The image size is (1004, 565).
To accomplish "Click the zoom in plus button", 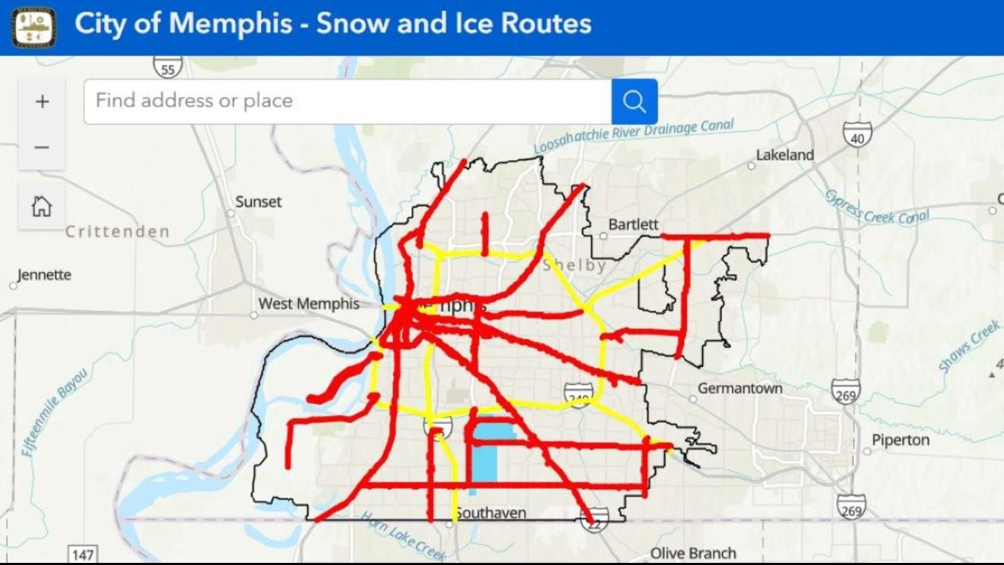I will (42, 101).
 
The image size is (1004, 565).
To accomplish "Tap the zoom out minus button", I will (42, 148).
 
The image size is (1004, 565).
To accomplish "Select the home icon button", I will (42, 206).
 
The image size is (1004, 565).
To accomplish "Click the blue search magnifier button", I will (634, 101).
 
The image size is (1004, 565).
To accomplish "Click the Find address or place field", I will (347, 101).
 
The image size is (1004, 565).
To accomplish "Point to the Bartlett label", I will (633, 224).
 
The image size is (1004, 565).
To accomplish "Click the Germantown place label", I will (739, 388).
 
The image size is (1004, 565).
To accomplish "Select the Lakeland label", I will (784, 155).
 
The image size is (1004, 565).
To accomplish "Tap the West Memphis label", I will (309, 303).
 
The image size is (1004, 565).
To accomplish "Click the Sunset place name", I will (258, 201).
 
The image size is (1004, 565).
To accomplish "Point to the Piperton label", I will (900, 440).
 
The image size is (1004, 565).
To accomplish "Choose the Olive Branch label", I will (693, 553).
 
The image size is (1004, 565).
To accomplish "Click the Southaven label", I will (490, 513).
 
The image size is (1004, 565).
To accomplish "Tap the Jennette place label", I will (44, 275).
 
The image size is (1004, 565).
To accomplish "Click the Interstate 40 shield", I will (857, 134).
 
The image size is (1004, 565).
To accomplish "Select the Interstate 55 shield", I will (168, 67).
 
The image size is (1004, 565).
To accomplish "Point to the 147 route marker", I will (83, 554).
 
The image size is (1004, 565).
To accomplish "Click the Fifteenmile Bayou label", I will (54, 412).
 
